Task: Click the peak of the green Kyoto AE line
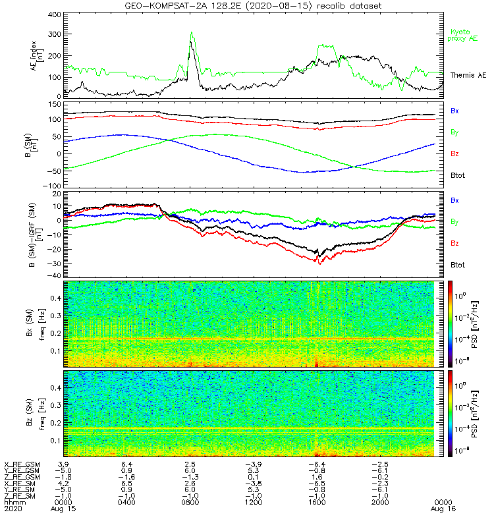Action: pyautogui.click(x=192, y=32)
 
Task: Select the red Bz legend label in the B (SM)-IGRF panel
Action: pyautogui.click(x=454, y=244)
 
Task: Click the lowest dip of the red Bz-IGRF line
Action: pyautogui.click(x=319, y=263)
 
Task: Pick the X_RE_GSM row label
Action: pyautogui.click(x=22, y=464)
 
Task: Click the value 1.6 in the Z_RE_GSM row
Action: pyautogui.click(x=316, y=476)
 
